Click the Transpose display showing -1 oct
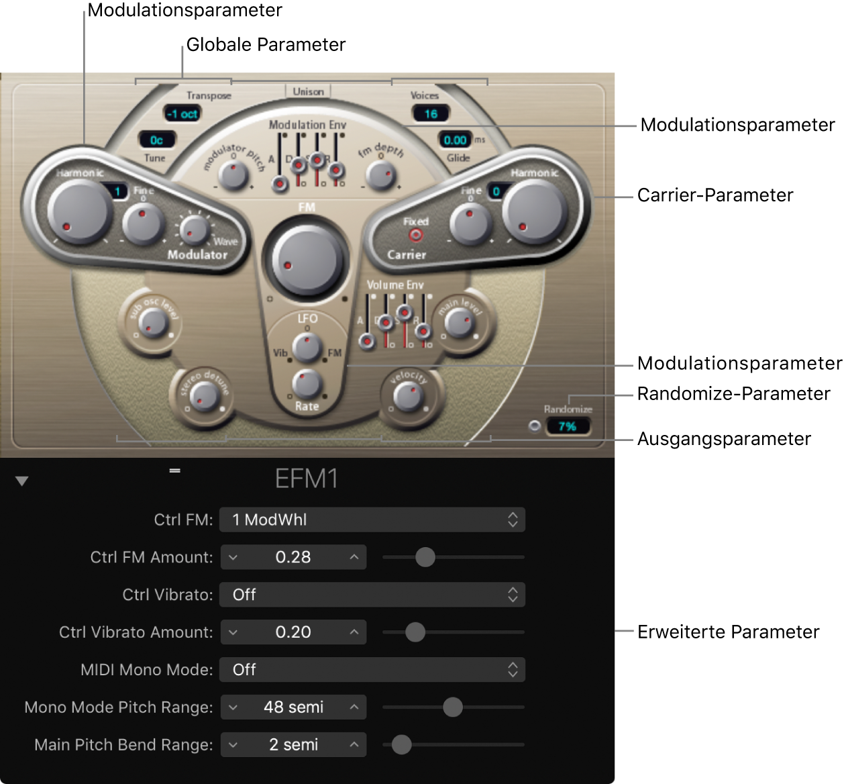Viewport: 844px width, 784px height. [182, 114]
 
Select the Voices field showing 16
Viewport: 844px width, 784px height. [430, 114]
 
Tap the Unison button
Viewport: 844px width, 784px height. [308, 91]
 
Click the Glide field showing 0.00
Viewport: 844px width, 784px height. [455, 140]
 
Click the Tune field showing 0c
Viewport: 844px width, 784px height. [156, 140]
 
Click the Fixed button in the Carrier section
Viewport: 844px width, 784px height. [416, 235]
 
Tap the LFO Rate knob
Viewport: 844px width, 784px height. [307, 384]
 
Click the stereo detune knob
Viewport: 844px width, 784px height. [203, 397]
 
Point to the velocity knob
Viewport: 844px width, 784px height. [407, 396]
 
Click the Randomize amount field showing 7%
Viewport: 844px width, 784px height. [567, 426]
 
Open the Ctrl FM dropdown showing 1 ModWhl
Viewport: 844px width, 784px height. [372, 520]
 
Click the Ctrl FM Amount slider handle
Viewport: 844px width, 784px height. [425, 557]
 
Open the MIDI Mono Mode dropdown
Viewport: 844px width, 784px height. [372, 670]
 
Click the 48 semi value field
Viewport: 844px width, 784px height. [293, 707]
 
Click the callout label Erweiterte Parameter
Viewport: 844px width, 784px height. [728, 632]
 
